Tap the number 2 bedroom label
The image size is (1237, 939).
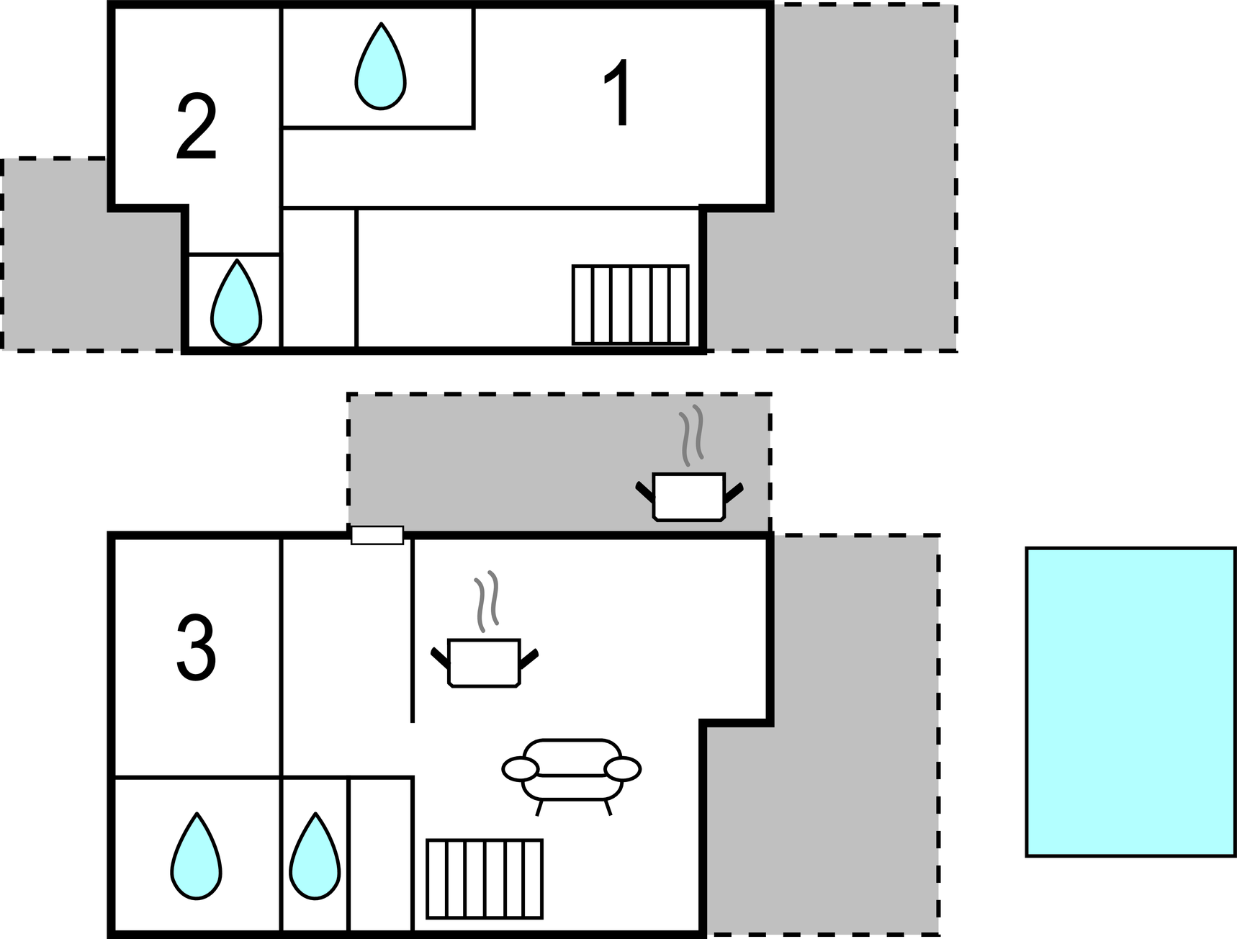tap(196, 128)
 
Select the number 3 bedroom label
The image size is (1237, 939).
tap(196, 647)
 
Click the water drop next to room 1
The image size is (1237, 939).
tap(380, 68)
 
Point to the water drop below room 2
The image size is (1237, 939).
tap(235, 305)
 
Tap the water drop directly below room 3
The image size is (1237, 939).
tap(196, 858)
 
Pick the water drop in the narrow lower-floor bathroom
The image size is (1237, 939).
tap(315, 858)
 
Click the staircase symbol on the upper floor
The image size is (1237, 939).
tap(630, 305)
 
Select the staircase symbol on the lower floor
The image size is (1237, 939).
tap(484, 879)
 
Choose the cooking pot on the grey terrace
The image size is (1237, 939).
tap(688, 497)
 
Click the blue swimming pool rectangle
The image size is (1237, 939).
tap(1130, 702)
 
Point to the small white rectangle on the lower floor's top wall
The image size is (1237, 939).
tap(377, 535)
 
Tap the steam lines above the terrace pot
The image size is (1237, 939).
tap(691, 435)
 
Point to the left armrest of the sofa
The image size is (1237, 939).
tap(520, 769)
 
